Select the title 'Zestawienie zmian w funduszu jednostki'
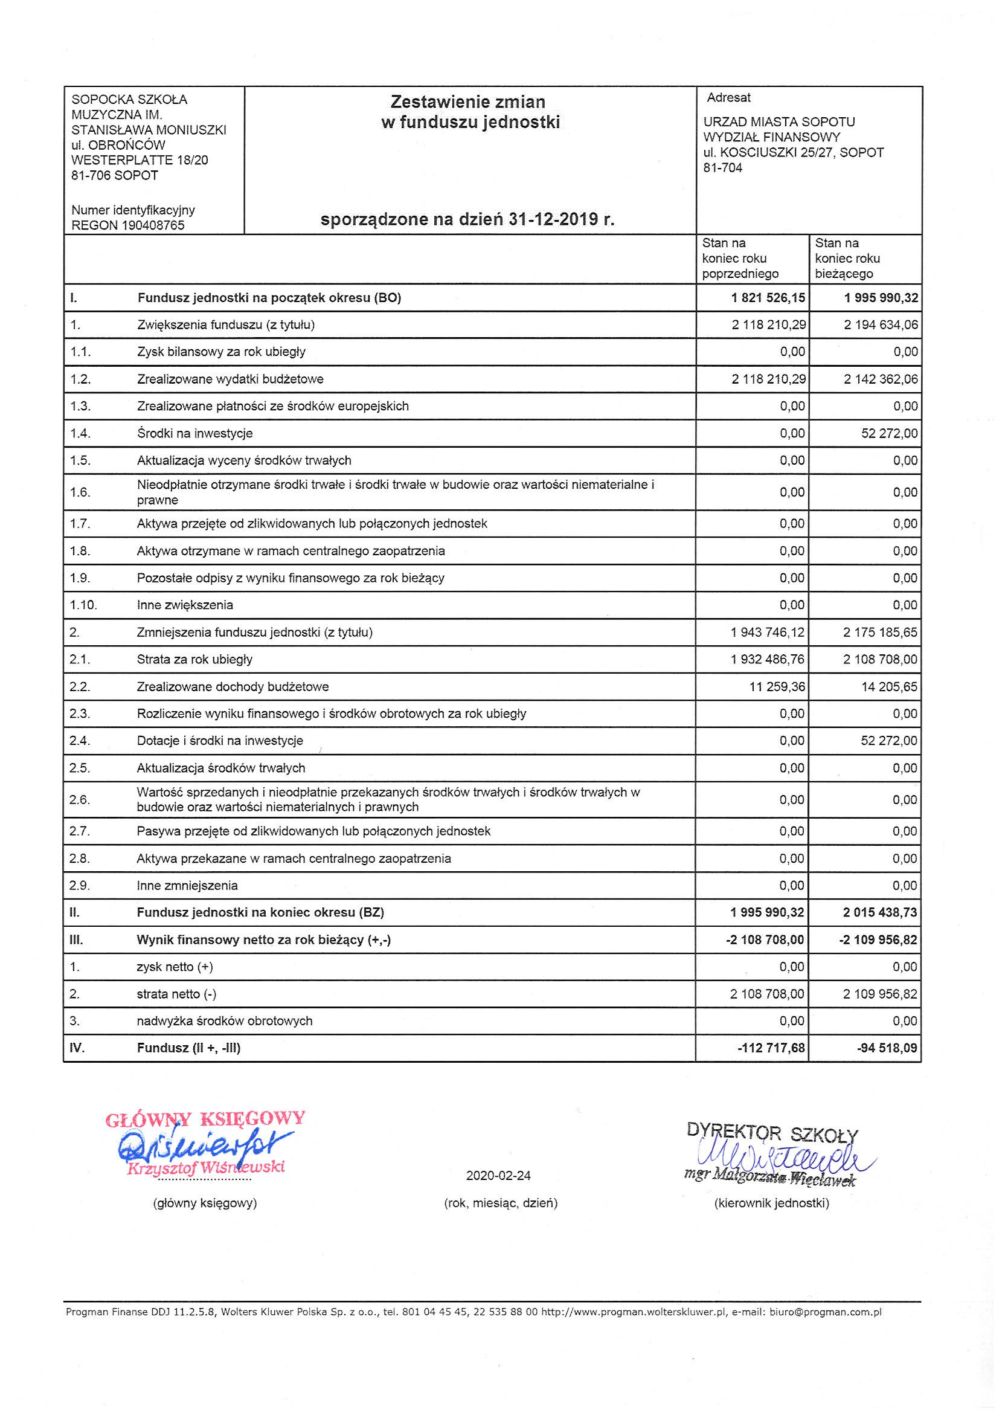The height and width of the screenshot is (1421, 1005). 470,112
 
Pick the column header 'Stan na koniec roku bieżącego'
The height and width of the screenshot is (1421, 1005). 847,259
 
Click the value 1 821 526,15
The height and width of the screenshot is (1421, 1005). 768,298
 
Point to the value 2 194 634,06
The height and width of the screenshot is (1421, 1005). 881,325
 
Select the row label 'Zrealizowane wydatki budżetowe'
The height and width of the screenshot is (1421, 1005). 230,379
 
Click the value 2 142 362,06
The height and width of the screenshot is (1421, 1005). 881,379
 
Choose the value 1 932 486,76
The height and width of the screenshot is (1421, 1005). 768,660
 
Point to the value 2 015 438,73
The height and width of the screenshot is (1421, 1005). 880,913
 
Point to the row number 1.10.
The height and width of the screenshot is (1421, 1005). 83,605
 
